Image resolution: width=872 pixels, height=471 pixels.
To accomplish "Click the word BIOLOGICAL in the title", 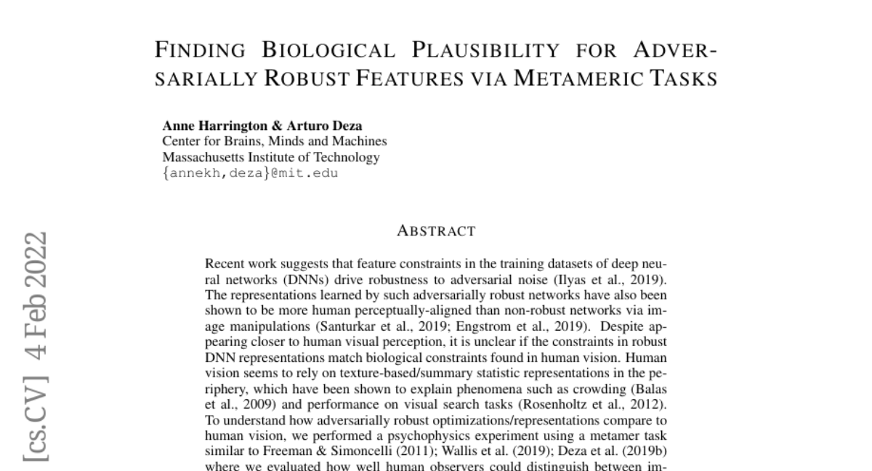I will (x=328, y=50).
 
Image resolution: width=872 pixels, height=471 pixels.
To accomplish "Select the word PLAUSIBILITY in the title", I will (x=486, y=50).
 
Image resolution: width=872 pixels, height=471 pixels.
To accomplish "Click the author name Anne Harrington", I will (x=210, y=126).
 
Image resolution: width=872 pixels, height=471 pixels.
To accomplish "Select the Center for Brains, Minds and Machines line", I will (x=274, y=141).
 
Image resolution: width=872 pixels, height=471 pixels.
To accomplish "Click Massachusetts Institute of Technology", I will (x=270, y=157).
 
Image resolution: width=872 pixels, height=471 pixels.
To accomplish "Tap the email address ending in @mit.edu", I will (x=250, y=173).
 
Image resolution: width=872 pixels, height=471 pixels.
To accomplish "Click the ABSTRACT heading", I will (x=436, y=231).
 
